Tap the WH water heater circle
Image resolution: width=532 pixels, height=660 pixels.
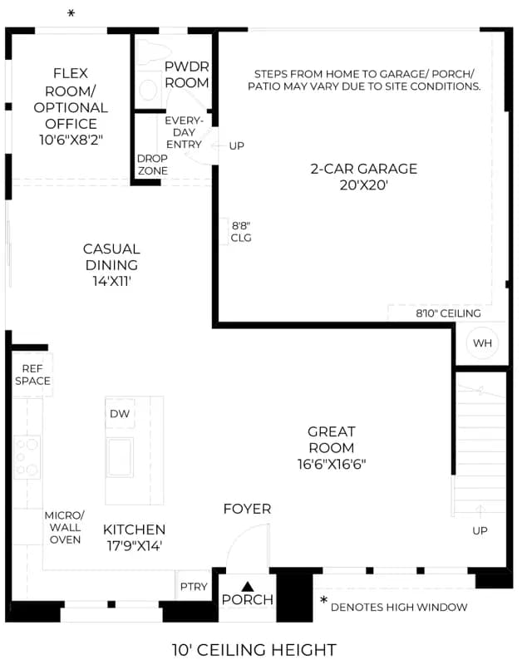pos(482,343)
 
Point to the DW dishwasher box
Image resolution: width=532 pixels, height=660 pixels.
pos(120,413)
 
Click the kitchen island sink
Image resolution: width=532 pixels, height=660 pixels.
pos(120,457)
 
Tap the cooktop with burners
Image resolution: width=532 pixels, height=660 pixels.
pos(27,456)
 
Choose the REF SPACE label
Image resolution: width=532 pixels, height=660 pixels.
pos(32,375)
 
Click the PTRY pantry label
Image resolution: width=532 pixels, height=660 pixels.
pos(194,586)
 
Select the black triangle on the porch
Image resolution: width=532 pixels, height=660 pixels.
pos(248,586)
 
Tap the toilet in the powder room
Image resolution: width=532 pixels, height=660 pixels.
pos(152,52)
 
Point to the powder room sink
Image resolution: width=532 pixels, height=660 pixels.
pos(148,90)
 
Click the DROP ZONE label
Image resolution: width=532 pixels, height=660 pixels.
pos(152,165)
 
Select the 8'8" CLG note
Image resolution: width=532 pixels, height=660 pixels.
pos(241,232)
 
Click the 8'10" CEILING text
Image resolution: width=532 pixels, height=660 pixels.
pos(448,313)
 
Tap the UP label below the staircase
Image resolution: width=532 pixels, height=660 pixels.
pos(480,531)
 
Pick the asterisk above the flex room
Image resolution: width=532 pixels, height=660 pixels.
pos(71,13)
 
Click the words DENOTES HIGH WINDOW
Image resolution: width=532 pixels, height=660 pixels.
pos(399,607)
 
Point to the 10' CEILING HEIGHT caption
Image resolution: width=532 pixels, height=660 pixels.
pos(254,649)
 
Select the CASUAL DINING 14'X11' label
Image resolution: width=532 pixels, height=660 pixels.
pos(111,265)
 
